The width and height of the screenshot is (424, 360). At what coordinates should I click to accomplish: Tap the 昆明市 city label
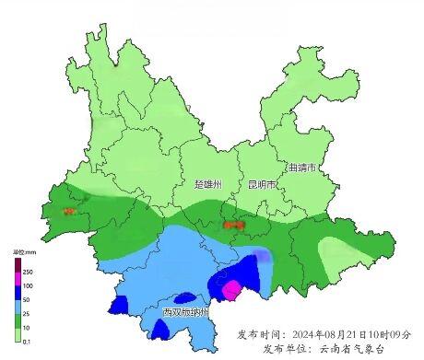point(262,184)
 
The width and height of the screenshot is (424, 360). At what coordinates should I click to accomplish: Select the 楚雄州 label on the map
point(208,184)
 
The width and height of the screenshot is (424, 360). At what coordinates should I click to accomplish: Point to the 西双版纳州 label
point(185,313)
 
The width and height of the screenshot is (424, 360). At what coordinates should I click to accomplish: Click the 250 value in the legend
point(28,273)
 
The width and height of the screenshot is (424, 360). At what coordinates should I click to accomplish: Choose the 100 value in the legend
point(28,286)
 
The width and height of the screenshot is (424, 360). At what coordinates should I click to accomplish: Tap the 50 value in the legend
point(27,300)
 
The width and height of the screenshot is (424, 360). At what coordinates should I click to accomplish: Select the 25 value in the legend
point(27,314)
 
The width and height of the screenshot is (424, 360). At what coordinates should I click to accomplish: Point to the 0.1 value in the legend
point(27,341)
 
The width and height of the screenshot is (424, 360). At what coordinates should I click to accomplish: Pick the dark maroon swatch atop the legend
point(17,265)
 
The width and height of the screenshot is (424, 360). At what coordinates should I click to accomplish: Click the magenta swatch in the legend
point(17,279)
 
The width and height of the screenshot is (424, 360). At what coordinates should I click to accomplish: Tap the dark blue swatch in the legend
point(17,293)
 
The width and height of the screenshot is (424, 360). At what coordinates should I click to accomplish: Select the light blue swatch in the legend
point(17,307)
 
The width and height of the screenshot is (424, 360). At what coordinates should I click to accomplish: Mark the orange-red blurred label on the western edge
point(69,211)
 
